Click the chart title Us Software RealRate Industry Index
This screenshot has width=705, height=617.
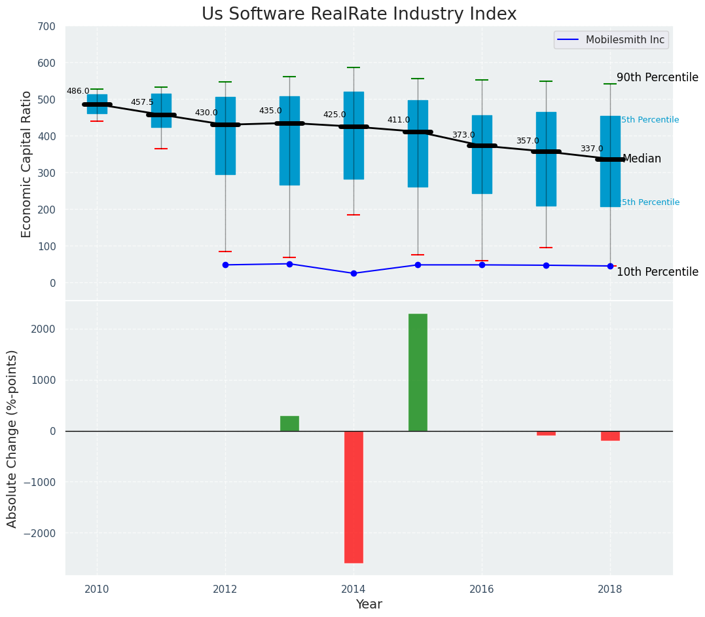pos(359,14)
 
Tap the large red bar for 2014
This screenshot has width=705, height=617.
pos(353,496)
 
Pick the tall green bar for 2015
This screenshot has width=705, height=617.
pos(418,372)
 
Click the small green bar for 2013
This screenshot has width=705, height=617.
pos(289,423)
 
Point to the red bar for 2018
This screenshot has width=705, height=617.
pos(610,436)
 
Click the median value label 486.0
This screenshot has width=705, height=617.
pos(78,92)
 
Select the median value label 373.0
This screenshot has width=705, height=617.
pos(463,136)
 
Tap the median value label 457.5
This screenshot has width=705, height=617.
pos(142,103)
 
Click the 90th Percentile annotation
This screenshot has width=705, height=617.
pos(657,77)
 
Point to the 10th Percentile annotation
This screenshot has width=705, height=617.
pos(657,272)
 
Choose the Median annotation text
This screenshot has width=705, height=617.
pos(642,159)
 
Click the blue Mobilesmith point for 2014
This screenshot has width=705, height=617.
pos(353,273)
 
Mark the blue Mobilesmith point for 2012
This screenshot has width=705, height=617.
pos(225,265)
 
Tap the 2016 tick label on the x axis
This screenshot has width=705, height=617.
pos(482,588)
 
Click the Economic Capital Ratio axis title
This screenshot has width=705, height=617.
pos(27,164)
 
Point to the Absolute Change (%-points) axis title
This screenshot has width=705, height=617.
pos(12,438)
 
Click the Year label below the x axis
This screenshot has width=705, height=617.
pos(369,605)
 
